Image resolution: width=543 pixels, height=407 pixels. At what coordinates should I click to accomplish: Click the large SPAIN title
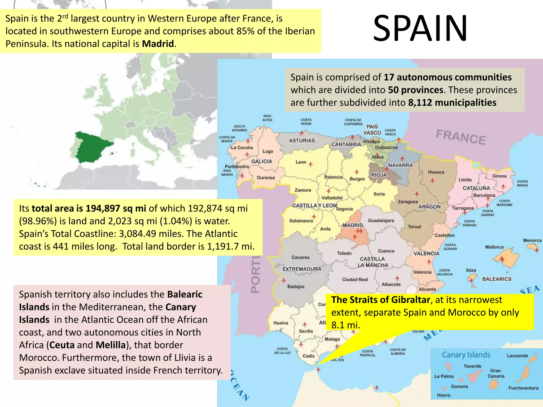point(420,29)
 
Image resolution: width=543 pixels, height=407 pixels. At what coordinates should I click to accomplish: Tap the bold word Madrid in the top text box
point(158,44)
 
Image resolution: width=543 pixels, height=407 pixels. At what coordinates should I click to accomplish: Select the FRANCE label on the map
point(461,137)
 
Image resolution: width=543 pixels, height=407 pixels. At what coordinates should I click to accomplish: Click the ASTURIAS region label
point(302,140)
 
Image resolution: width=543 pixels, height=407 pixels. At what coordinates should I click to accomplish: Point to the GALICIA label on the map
point(262,161)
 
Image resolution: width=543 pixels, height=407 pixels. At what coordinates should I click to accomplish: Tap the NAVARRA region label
point(401,165)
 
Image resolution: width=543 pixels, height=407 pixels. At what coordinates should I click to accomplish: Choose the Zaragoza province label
point(408,202)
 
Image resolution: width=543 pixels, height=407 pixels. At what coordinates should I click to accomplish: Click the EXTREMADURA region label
point(302,269)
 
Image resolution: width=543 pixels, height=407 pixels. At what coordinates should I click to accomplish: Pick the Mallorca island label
point(494,247)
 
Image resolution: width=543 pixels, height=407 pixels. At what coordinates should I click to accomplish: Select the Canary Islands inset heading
point(466,355)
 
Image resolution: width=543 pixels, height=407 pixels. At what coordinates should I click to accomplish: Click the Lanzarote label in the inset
point(517,356)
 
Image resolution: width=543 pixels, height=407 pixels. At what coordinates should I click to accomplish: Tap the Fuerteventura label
point(523,388)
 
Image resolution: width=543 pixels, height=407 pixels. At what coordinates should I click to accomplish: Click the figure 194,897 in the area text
point(103,209)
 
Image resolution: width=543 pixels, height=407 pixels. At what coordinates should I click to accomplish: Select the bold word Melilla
point(111,345)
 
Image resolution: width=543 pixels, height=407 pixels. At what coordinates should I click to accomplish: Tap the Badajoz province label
point(296,286)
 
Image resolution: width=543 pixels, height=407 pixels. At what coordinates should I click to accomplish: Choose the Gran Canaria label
point(496,373)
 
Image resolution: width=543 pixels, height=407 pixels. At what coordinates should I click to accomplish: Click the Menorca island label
point(532,240)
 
